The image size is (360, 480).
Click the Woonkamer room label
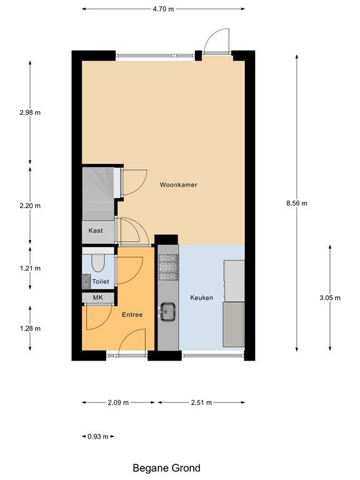point(179,185)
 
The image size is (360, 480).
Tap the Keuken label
point(202,298)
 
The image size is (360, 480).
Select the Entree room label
point(131,315)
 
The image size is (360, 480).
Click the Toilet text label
point(101,282)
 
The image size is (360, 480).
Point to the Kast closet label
point(96,231)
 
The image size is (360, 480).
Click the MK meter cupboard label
point(97,298)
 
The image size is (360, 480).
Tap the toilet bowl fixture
point(97,262)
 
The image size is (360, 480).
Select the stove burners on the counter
point(167,267)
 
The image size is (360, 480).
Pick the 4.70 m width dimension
point(163,9)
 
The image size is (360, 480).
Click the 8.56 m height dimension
point(297,203)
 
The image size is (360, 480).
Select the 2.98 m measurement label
point(29,112)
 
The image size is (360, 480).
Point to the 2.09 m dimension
point(117,402)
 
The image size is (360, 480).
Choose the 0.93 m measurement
point(97,436)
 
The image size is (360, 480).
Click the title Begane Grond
point(167,467)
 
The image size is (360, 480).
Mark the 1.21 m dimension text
point(29,268)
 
